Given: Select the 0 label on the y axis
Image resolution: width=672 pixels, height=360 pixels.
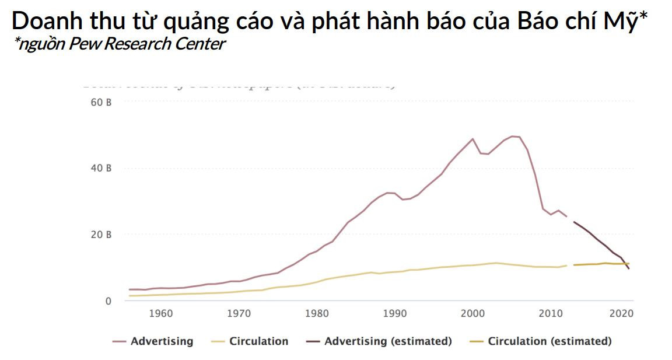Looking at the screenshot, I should (x=108, y=301).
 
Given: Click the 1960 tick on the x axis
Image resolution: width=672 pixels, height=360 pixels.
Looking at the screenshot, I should (x=160, y=313).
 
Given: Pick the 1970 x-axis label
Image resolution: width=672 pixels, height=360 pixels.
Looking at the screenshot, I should (x=239, y=313).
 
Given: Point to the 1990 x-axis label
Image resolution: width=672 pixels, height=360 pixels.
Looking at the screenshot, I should (x=395, y=313).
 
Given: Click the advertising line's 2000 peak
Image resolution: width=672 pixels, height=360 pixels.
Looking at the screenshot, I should (x=473, y=139).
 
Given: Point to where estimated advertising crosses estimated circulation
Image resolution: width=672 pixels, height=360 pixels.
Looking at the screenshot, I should (x=626, y=264).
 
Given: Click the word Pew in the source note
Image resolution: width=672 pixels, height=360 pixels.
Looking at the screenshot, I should (x=83, y=45).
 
